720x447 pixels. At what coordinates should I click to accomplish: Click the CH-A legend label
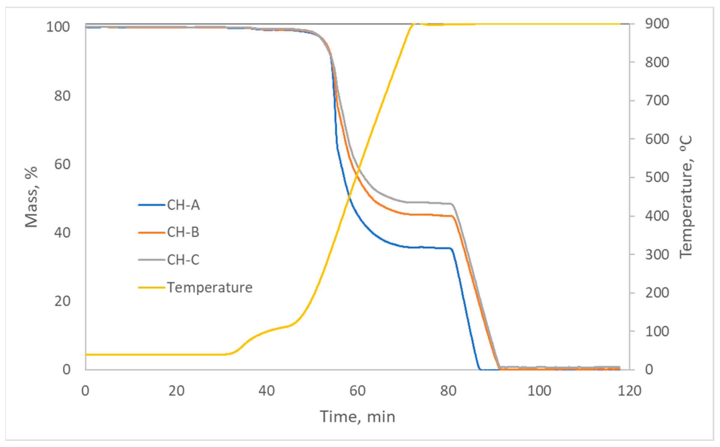183,205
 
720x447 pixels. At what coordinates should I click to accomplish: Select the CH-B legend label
183,232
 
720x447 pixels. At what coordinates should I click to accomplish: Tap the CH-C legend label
183,260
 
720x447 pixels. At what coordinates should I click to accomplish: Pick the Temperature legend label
210,288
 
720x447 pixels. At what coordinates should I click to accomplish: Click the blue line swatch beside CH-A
152,205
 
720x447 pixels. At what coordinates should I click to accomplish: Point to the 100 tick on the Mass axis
58,27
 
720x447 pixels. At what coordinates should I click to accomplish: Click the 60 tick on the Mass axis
62,164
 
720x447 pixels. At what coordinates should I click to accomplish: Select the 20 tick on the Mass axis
62,301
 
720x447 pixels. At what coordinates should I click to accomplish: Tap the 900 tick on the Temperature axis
657,24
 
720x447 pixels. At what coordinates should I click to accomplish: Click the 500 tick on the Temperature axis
657,177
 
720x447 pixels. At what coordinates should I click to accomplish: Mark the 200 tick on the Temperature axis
657,293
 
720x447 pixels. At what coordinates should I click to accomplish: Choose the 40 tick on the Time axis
267,391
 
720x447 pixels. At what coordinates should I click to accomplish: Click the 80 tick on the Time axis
448,391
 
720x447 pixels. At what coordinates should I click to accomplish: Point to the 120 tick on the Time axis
630,391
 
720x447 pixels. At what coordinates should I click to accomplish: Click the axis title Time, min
357,417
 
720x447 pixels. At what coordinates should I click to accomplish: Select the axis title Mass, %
31,197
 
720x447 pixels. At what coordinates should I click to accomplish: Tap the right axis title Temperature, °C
686,197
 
